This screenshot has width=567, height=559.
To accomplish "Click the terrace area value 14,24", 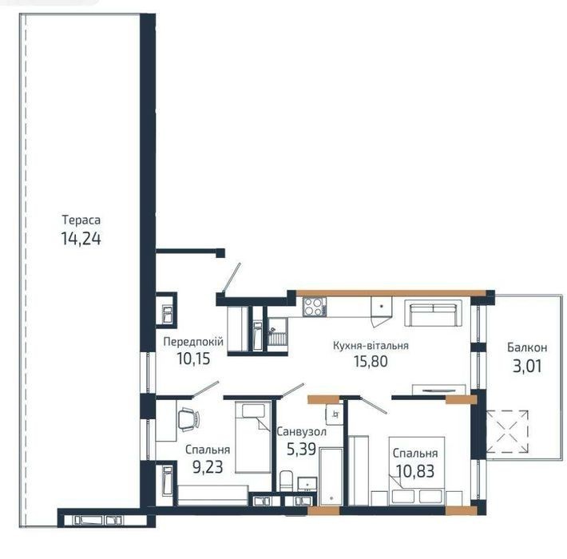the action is [x=81, y=239].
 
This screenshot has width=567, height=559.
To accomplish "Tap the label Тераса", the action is [x=81, y=220].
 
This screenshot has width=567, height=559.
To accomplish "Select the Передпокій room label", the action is [x=193, y=341].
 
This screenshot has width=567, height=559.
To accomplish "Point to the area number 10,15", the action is [x=193, y=359].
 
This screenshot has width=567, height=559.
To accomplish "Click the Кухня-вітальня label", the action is [x=371, y=346].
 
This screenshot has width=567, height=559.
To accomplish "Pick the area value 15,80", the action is [x=371, y=361].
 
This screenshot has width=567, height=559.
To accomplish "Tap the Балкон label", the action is [x=527, y=347].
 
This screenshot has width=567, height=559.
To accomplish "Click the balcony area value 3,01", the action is [x=527, y=367].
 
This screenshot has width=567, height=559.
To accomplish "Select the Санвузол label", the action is [x=301, y=432].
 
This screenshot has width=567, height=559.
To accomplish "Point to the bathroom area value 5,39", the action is [x=301, y=449].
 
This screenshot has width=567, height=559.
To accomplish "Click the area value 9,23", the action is [x=208, y=467].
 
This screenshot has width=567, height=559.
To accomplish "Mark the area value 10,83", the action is [x=415, y=471].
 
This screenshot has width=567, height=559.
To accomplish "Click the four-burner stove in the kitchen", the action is [x=313, y=307].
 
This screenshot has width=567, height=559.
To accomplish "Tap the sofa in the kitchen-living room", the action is [x=433, y=313].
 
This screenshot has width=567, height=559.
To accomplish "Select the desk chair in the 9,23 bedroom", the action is [x=188, y=419].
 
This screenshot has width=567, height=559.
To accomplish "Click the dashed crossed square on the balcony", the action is [x=507, y=431].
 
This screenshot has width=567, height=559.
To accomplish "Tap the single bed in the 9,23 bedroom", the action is [x=253, y=437].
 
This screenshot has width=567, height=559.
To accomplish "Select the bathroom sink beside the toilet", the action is [x=307, y=484].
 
